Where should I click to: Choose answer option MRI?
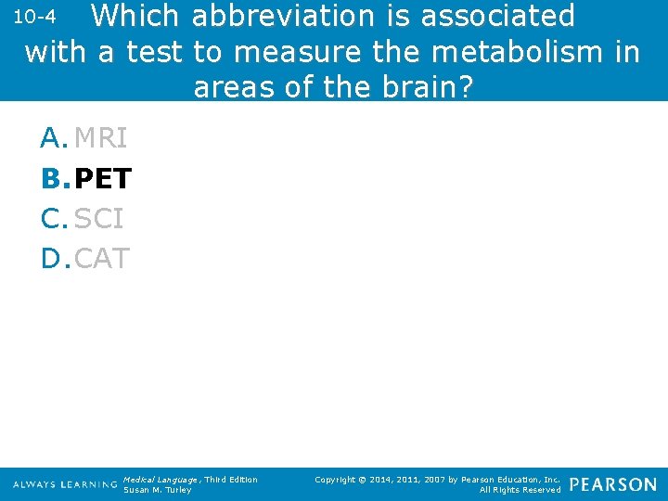click(x=100, y=138)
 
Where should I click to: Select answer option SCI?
click(x=98, y=218)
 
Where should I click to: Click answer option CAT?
click(x=101, y=258)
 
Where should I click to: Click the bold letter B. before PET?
click(x=55, y=178)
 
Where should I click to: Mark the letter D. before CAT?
click(x=55, y=258)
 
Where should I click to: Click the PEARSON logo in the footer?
click(x=612, y=484)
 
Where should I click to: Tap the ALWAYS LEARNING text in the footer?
click(x=65, y=484)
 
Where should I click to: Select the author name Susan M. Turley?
click(x=157, y=490)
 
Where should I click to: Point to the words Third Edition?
click(x=232, y=479)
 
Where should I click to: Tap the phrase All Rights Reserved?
click(x=520, y=490)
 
